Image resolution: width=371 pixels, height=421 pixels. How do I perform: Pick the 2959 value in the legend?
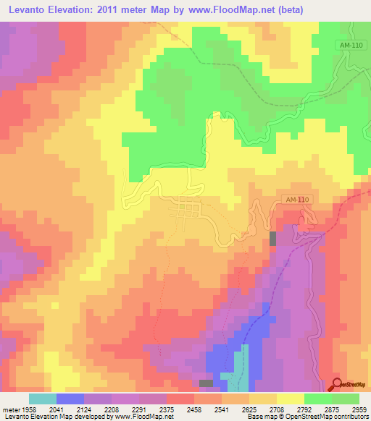click(x=360, y=409)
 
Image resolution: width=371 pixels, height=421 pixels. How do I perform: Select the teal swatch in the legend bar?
click(x=42, y=399)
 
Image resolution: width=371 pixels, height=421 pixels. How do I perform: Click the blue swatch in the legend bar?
click(x=70, y=399)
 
